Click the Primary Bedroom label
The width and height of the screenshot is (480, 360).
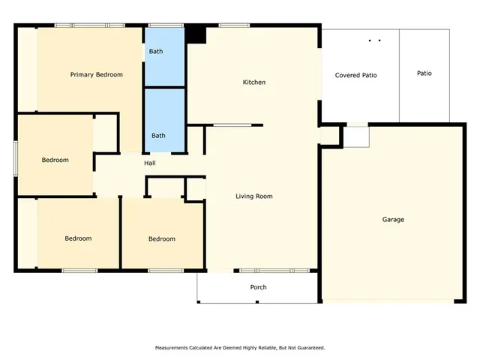coord(96,75)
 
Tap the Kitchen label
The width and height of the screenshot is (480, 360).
coord(253,82)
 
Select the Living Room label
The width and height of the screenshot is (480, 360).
coord(253,196)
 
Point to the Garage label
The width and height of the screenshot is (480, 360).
coord(393,220)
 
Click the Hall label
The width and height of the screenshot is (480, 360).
coord(150,163)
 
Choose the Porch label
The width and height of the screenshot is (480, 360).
coord(258,287)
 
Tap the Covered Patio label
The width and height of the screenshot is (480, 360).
coord(355,75)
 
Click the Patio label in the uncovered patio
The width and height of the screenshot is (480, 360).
coord(424,73)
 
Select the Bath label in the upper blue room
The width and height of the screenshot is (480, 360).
coord(156,52)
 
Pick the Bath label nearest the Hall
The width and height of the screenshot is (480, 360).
coord(158,136)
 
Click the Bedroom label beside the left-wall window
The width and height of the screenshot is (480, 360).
coord(55,160)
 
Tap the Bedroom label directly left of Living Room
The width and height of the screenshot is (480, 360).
coord(161,239)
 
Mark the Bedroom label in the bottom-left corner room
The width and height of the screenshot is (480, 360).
coord(78,238)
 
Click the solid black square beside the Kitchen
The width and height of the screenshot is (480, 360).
coord(196,34)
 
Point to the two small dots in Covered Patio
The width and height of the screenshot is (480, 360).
coord(375,40)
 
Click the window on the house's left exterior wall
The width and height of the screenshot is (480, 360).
coord(16,158)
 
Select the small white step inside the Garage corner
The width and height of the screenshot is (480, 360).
coord(356,136)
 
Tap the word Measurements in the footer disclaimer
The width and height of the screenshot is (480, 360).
coord(173,348)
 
